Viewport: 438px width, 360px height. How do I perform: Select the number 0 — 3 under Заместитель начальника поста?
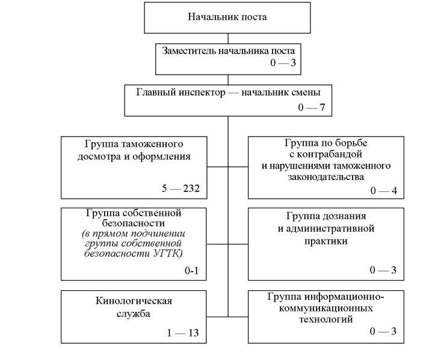click(x=283, y=63)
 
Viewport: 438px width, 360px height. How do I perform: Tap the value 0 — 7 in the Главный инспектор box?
click(x=311, y=107)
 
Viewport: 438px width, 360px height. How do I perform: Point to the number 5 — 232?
click(x=180, y=188)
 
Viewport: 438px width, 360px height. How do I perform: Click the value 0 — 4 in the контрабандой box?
click(x=383, y=191)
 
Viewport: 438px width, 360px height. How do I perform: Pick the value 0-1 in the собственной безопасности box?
click(x=191, y=270)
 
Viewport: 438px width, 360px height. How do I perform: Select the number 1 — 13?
click(x=183, y=333)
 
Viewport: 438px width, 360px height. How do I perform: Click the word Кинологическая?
click(x=134, y=301)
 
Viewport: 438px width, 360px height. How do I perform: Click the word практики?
click(x=326, y=241)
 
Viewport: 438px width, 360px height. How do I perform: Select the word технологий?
click(x=326, y=319)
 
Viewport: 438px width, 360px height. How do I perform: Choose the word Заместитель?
click(x=189, y=51)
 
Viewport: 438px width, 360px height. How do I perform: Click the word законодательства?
click(x=326, y=177)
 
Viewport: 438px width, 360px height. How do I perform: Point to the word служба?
click(x=133, y=314)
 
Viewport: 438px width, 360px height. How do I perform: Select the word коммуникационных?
click(x=326, y=308)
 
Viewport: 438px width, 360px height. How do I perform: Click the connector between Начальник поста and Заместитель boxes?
click(x=228, y=39)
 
